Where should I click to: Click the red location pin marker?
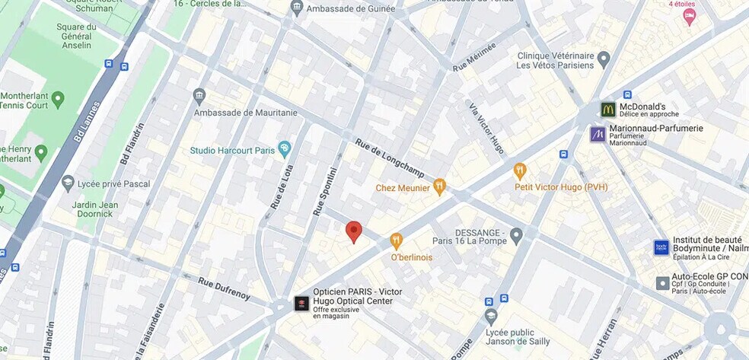(x=353, y=231)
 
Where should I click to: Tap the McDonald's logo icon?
(x=607, y=110)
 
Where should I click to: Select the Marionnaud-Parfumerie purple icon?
(x=598, y=134)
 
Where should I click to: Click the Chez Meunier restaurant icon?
(x=439, y=186)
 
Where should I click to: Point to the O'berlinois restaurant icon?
(x=396, y=241)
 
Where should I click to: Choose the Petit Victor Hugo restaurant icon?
(x=520, y=170)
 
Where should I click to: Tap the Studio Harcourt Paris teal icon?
(x=285, y=148)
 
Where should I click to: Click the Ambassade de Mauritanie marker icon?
(x=199, y=96)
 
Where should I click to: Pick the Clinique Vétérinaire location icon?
(x=604, y=59)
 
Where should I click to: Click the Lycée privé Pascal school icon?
(x=69, y=183)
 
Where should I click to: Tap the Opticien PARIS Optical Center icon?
(x=301, y=304)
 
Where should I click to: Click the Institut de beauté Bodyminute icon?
(x=661, y=247)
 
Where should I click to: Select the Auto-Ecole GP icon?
(x=662, y=283)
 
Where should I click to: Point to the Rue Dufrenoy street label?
(x=224, y=290)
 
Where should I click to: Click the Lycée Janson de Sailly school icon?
(x=491, y=315)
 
